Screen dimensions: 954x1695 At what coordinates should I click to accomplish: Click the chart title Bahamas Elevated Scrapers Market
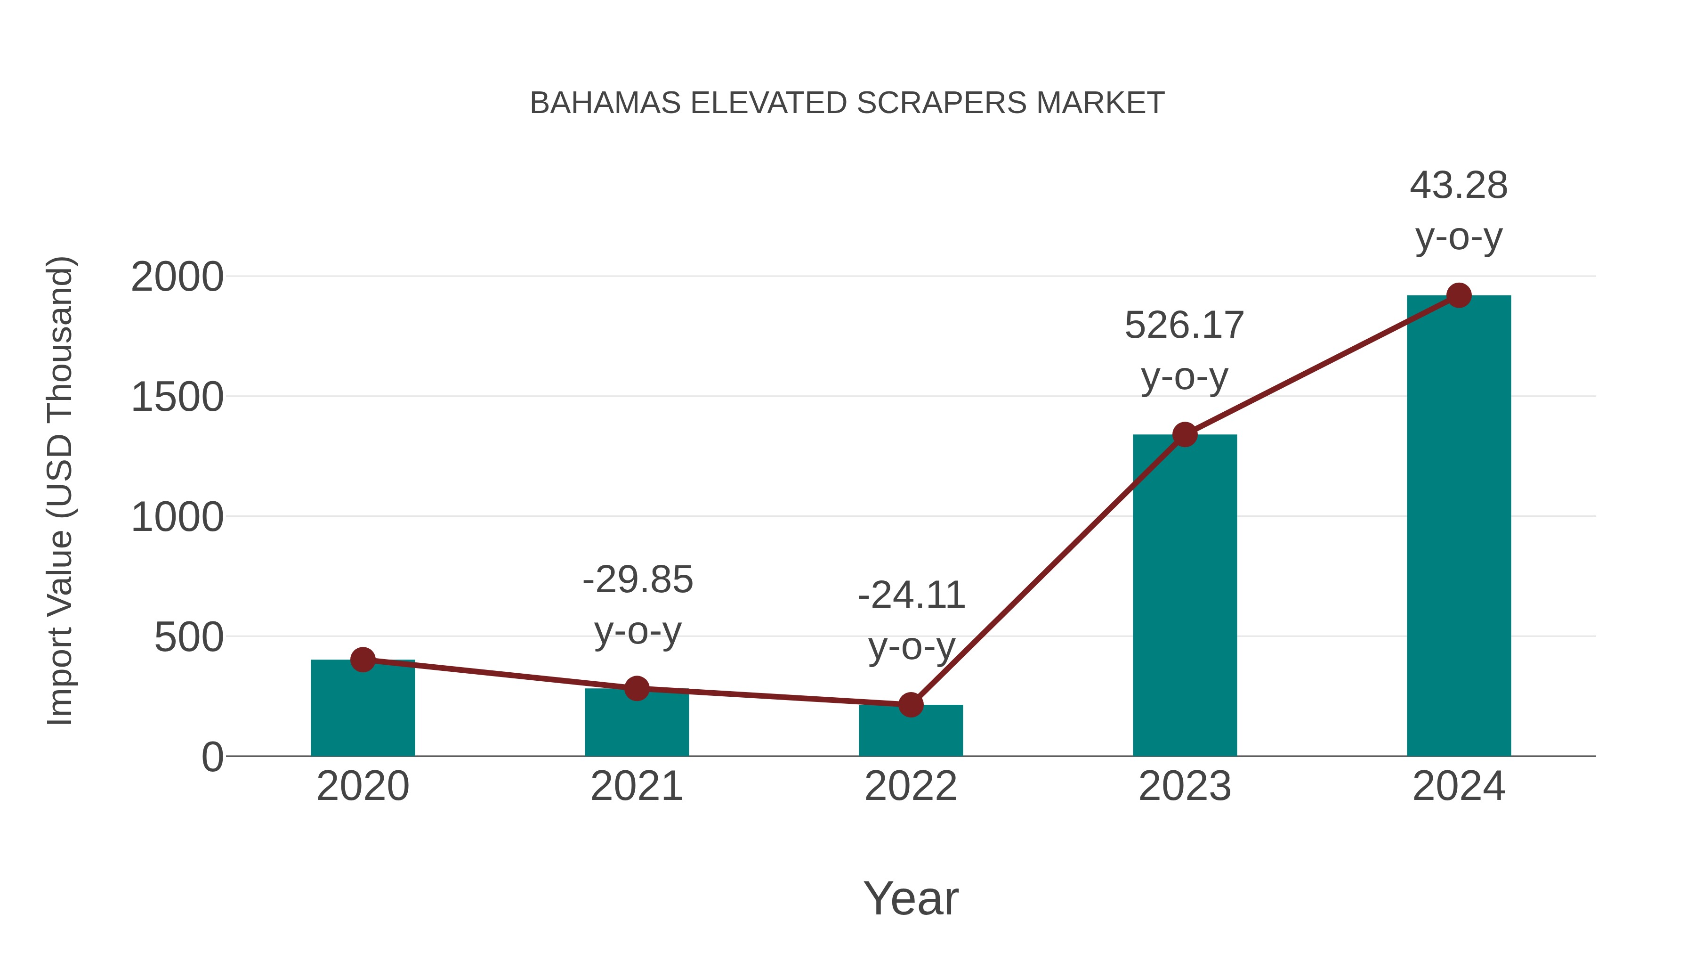pos(847,103)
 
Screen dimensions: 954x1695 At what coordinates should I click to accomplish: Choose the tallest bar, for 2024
pos(1458,527)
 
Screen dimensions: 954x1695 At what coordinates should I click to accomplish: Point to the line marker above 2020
pos(363,659)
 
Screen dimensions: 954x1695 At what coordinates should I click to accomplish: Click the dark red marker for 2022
pos(910,704)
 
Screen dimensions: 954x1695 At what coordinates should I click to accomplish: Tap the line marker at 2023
pos(1185,434)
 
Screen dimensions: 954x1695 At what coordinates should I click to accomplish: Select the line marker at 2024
pos(1459,295)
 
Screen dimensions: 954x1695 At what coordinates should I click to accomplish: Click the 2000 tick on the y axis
pos(177,277)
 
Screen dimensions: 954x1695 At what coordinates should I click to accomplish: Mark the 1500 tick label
pos(177,398)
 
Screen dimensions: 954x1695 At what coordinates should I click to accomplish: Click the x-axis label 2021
pos(636,786)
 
